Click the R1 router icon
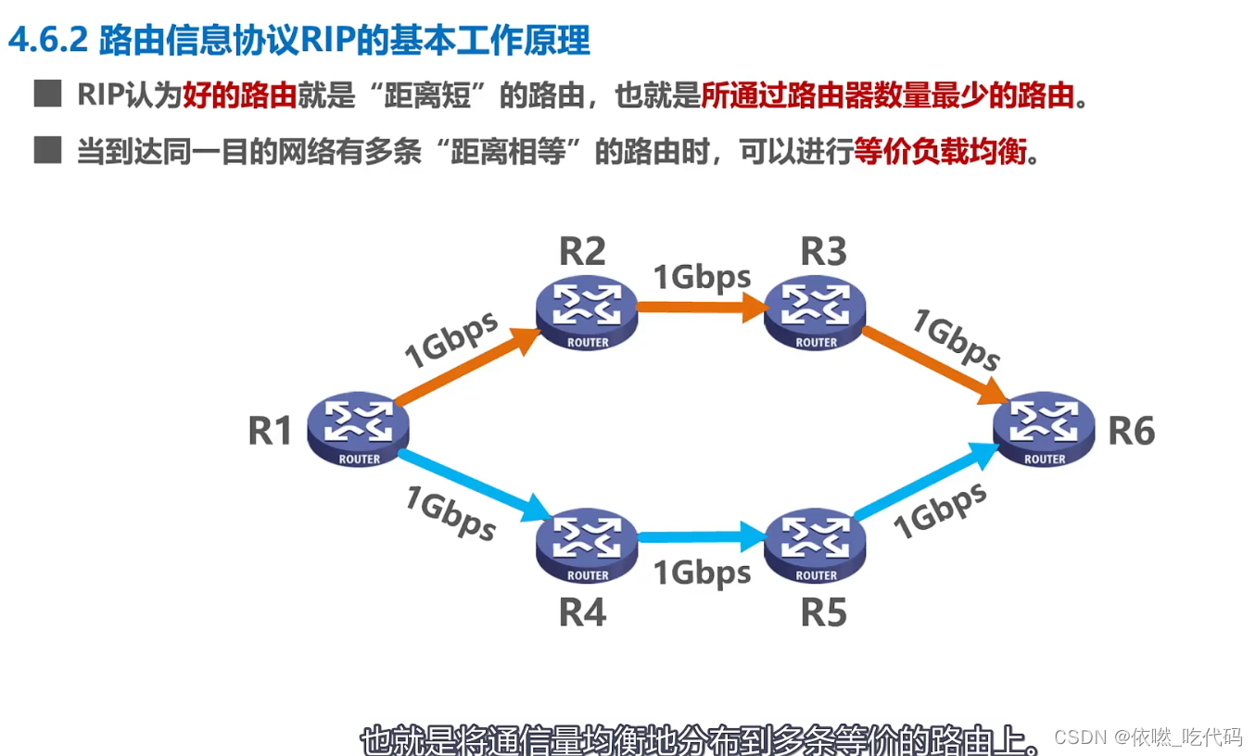coord(359,431)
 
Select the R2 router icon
coord(587,313)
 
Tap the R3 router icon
coord(816,313)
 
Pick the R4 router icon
coord(587,547)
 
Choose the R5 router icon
coord(816,547)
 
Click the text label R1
coord(270,431)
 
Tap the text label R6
coord(1132,431)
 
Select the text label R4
coord(582,612)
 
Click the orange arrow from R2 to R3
coord(701,309)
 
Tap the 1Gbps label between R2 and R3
coord(702,276)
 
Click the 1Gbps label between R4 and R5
coord(702,573)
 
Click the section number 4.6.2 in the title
coord(46,41)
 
